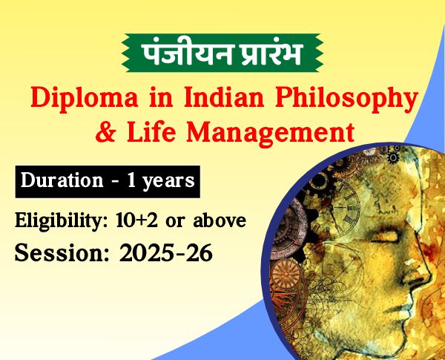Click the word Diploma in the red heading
(x=85, y=98)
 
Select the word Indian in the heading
(x=224, y=97)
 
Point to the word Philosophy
(x=347, y=98)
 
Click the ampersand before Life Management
(x=105, y=131)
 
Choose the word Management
(x=270, y=133)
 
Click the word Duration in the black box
(x=62, y=180)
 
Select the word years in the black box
(x=168, y=182)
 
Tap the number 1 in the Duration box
(x=131, y=180)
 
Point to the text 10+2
(x=136, y=220)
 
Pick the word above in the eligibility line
(x=220, y=220)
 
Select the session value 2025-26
(x=165, y=252)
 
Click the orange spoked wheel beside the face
(x=286, y=275)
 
